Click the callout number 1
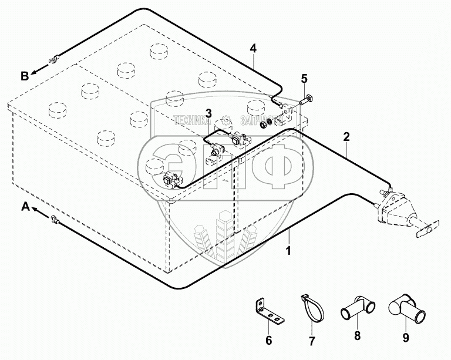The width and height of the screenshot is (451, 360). point(288,251)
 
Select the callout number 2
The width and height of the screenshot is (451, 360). point(346,137)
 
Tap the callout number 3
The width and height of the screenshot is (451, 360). point(208,113)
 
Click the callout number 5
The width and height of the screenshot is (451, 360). point(304,78)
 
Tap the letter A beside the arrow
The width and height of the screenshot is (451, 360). point(25,206)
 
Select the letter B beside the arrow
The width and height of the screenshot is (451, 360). point(25,75)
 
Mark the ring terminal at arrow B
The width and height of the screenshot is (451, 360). point(55,59)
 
